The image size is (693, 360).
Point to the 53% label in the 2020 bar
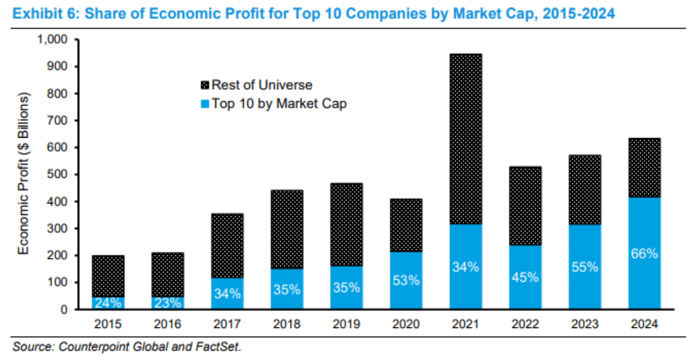point(405,281)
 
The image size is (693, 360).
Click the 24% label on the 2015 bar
point(108,303)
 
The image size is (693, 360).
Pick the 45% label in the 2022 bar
point(525,277)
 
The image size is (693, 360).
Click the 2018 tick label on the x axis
point(286,324)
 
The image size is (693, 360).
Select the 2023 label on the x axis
point(584,324)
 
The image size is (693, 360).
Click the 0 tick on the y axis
point(64,310)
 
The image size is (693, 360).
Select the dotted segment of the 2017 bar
point(227,246)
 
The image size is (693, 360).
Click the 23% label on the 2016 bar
point(168,303)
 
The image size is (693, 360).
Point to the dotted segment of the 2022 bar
point(525,206)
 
